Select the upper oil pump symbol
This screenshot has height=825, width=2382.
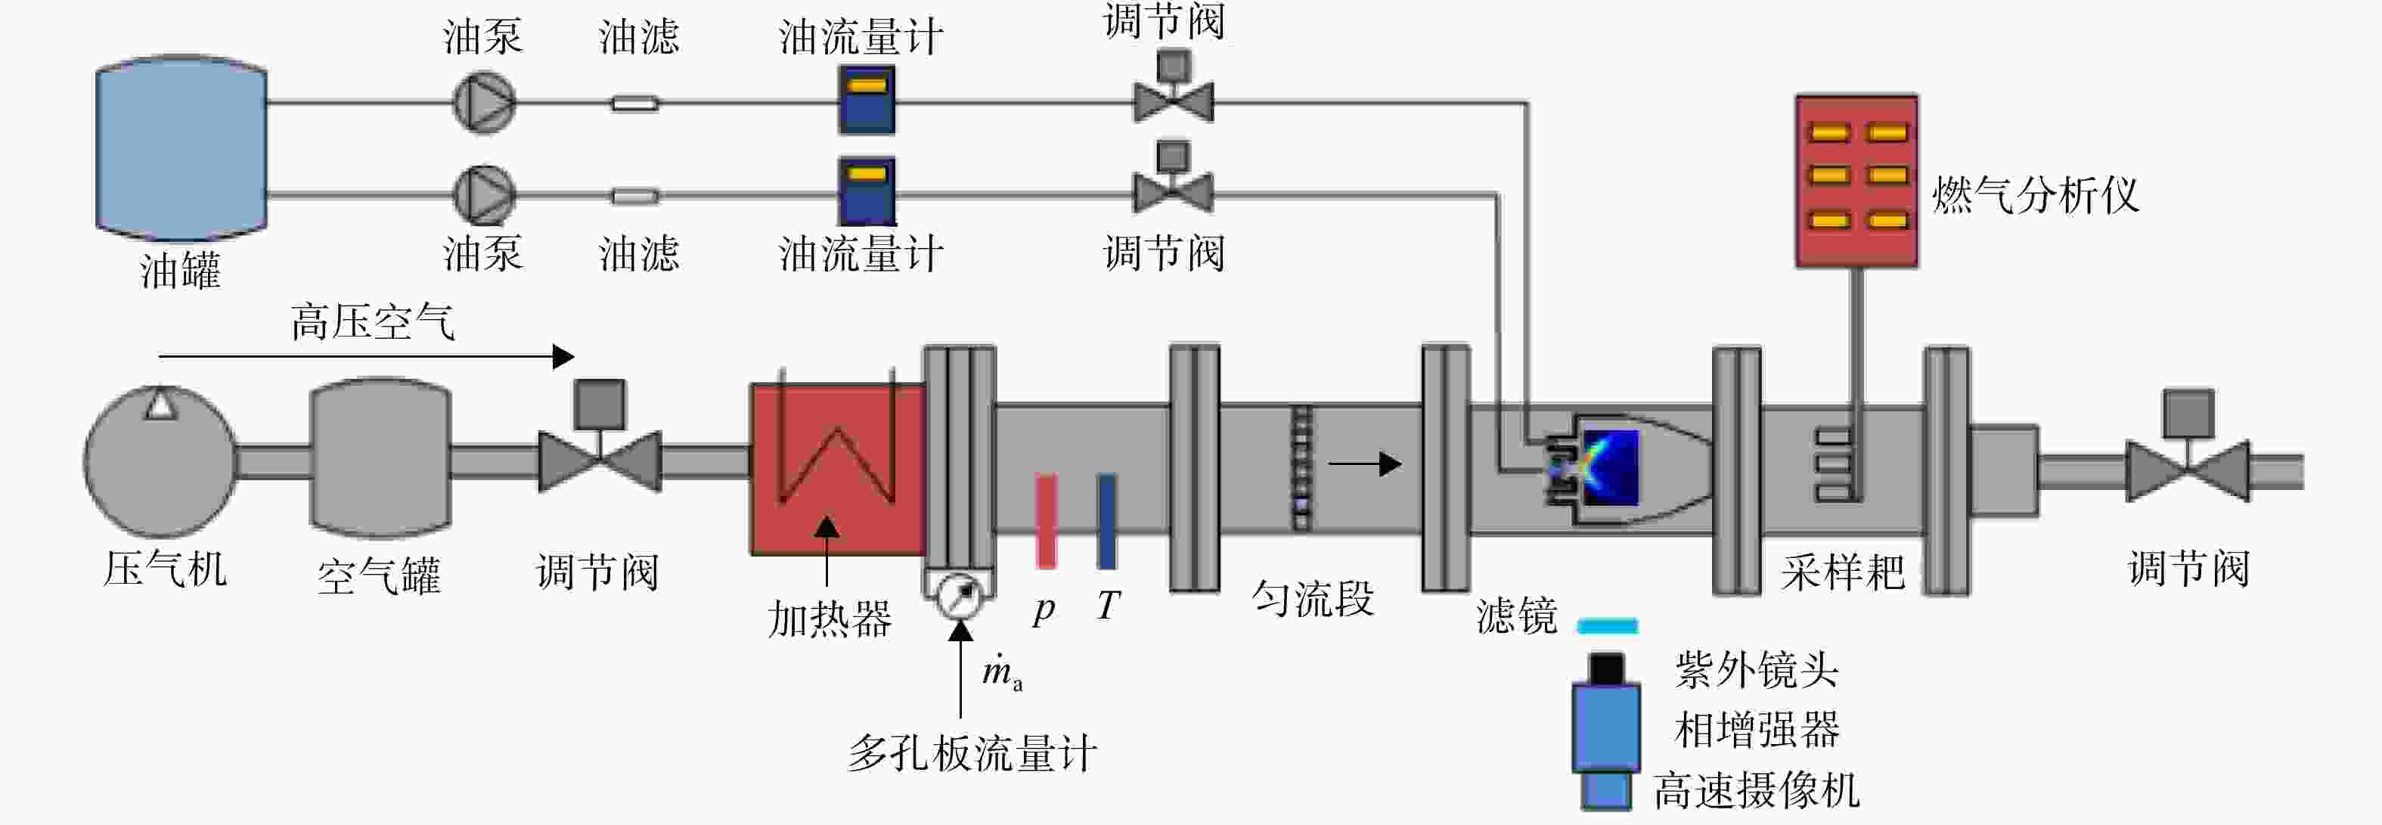pos(482,102)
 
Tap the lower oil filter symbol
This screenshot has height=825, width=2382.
pos(635,196)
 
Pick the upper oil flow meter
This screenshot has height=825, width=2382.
pos(867,100)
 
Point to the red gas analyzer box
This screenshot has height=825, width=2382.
pos(1856,181)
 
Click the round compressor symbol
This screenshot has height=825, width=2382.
pos(161,461)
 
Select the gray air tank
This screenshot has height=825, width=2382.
pos(380,457)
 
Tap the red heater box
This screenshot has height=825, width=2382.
pos(838,469)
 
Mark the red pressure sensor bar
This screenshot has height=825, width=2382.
pos(1046,522)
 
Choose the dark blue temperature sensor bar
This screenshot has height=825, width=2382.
pos(1106,522)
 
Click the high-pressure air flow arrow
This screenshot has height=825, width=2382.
pos(366,356)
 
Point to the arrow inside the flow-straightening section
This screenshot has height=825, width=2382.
pos(1365,464)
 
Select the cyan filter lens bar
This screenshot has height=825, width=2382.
pos(1607,626)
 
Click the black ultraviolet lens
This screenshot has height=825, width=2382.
pos(1606,668)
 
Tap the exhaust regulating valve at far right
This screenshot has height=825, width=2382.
pos(2187,453)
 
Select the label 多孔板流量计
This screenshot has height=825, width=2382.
pos(972,753)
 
